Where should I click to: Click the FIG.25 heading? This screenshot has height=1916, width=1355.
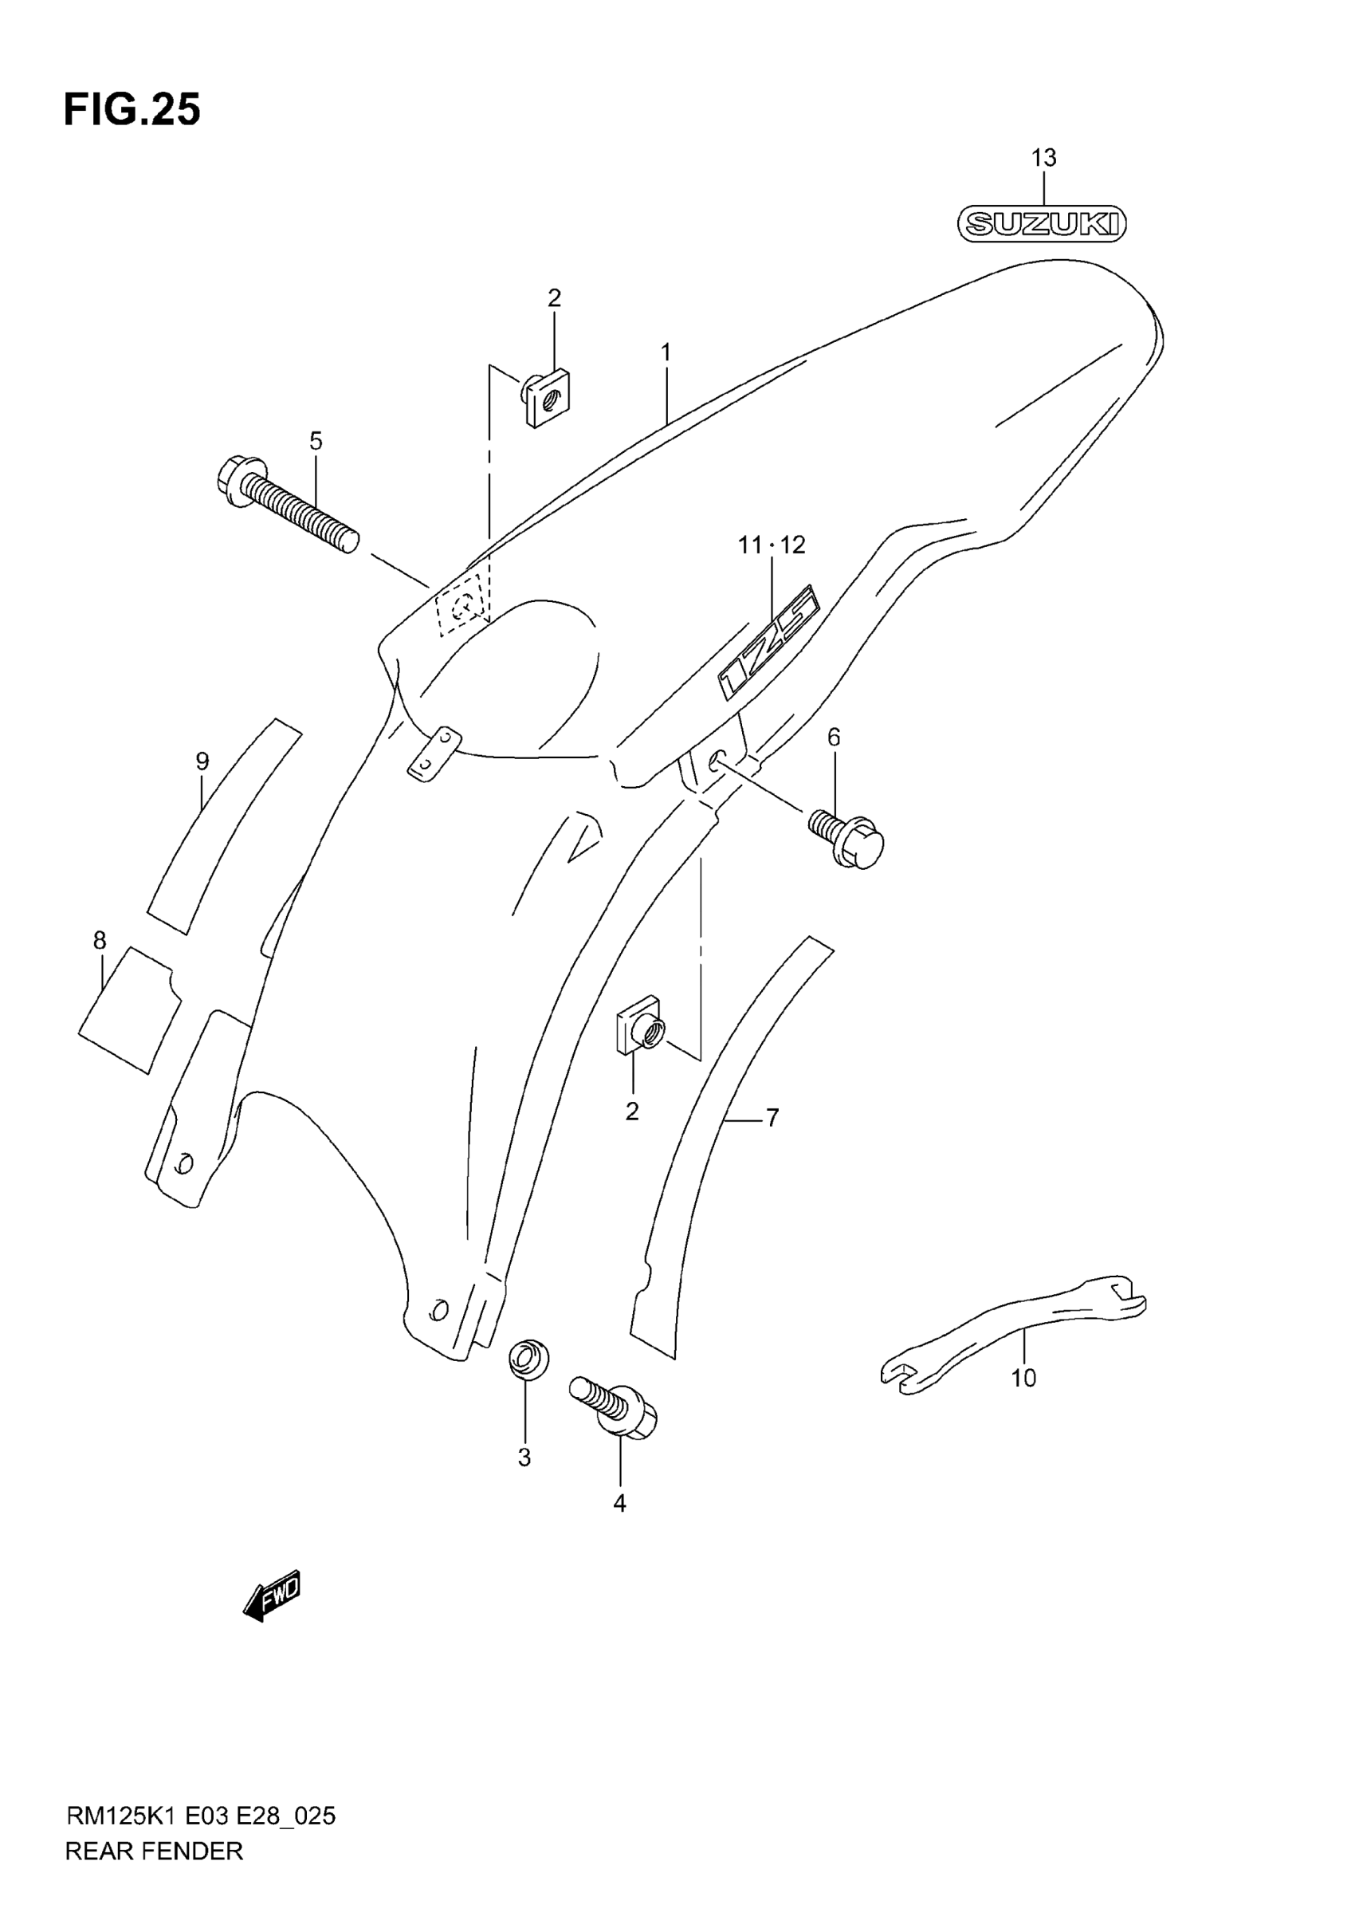(132, 110)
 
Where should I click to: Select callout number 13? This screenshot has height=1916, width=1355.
(1044, 158)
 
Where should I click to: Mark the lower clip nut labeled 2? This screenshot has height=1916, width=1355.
(640, 1033)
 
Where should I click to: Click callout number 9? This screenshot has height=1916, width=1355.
(202, 761)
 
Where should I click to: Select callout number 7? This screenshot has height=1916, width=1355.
(772, 1117)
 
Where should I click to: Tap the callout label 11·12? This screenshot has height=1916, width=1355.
(772, 545)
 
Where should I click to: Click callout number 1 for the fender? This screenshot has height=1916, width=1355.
(666, 353)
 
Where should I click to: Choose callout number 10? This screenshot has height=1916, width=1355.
(1023, 1378)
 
